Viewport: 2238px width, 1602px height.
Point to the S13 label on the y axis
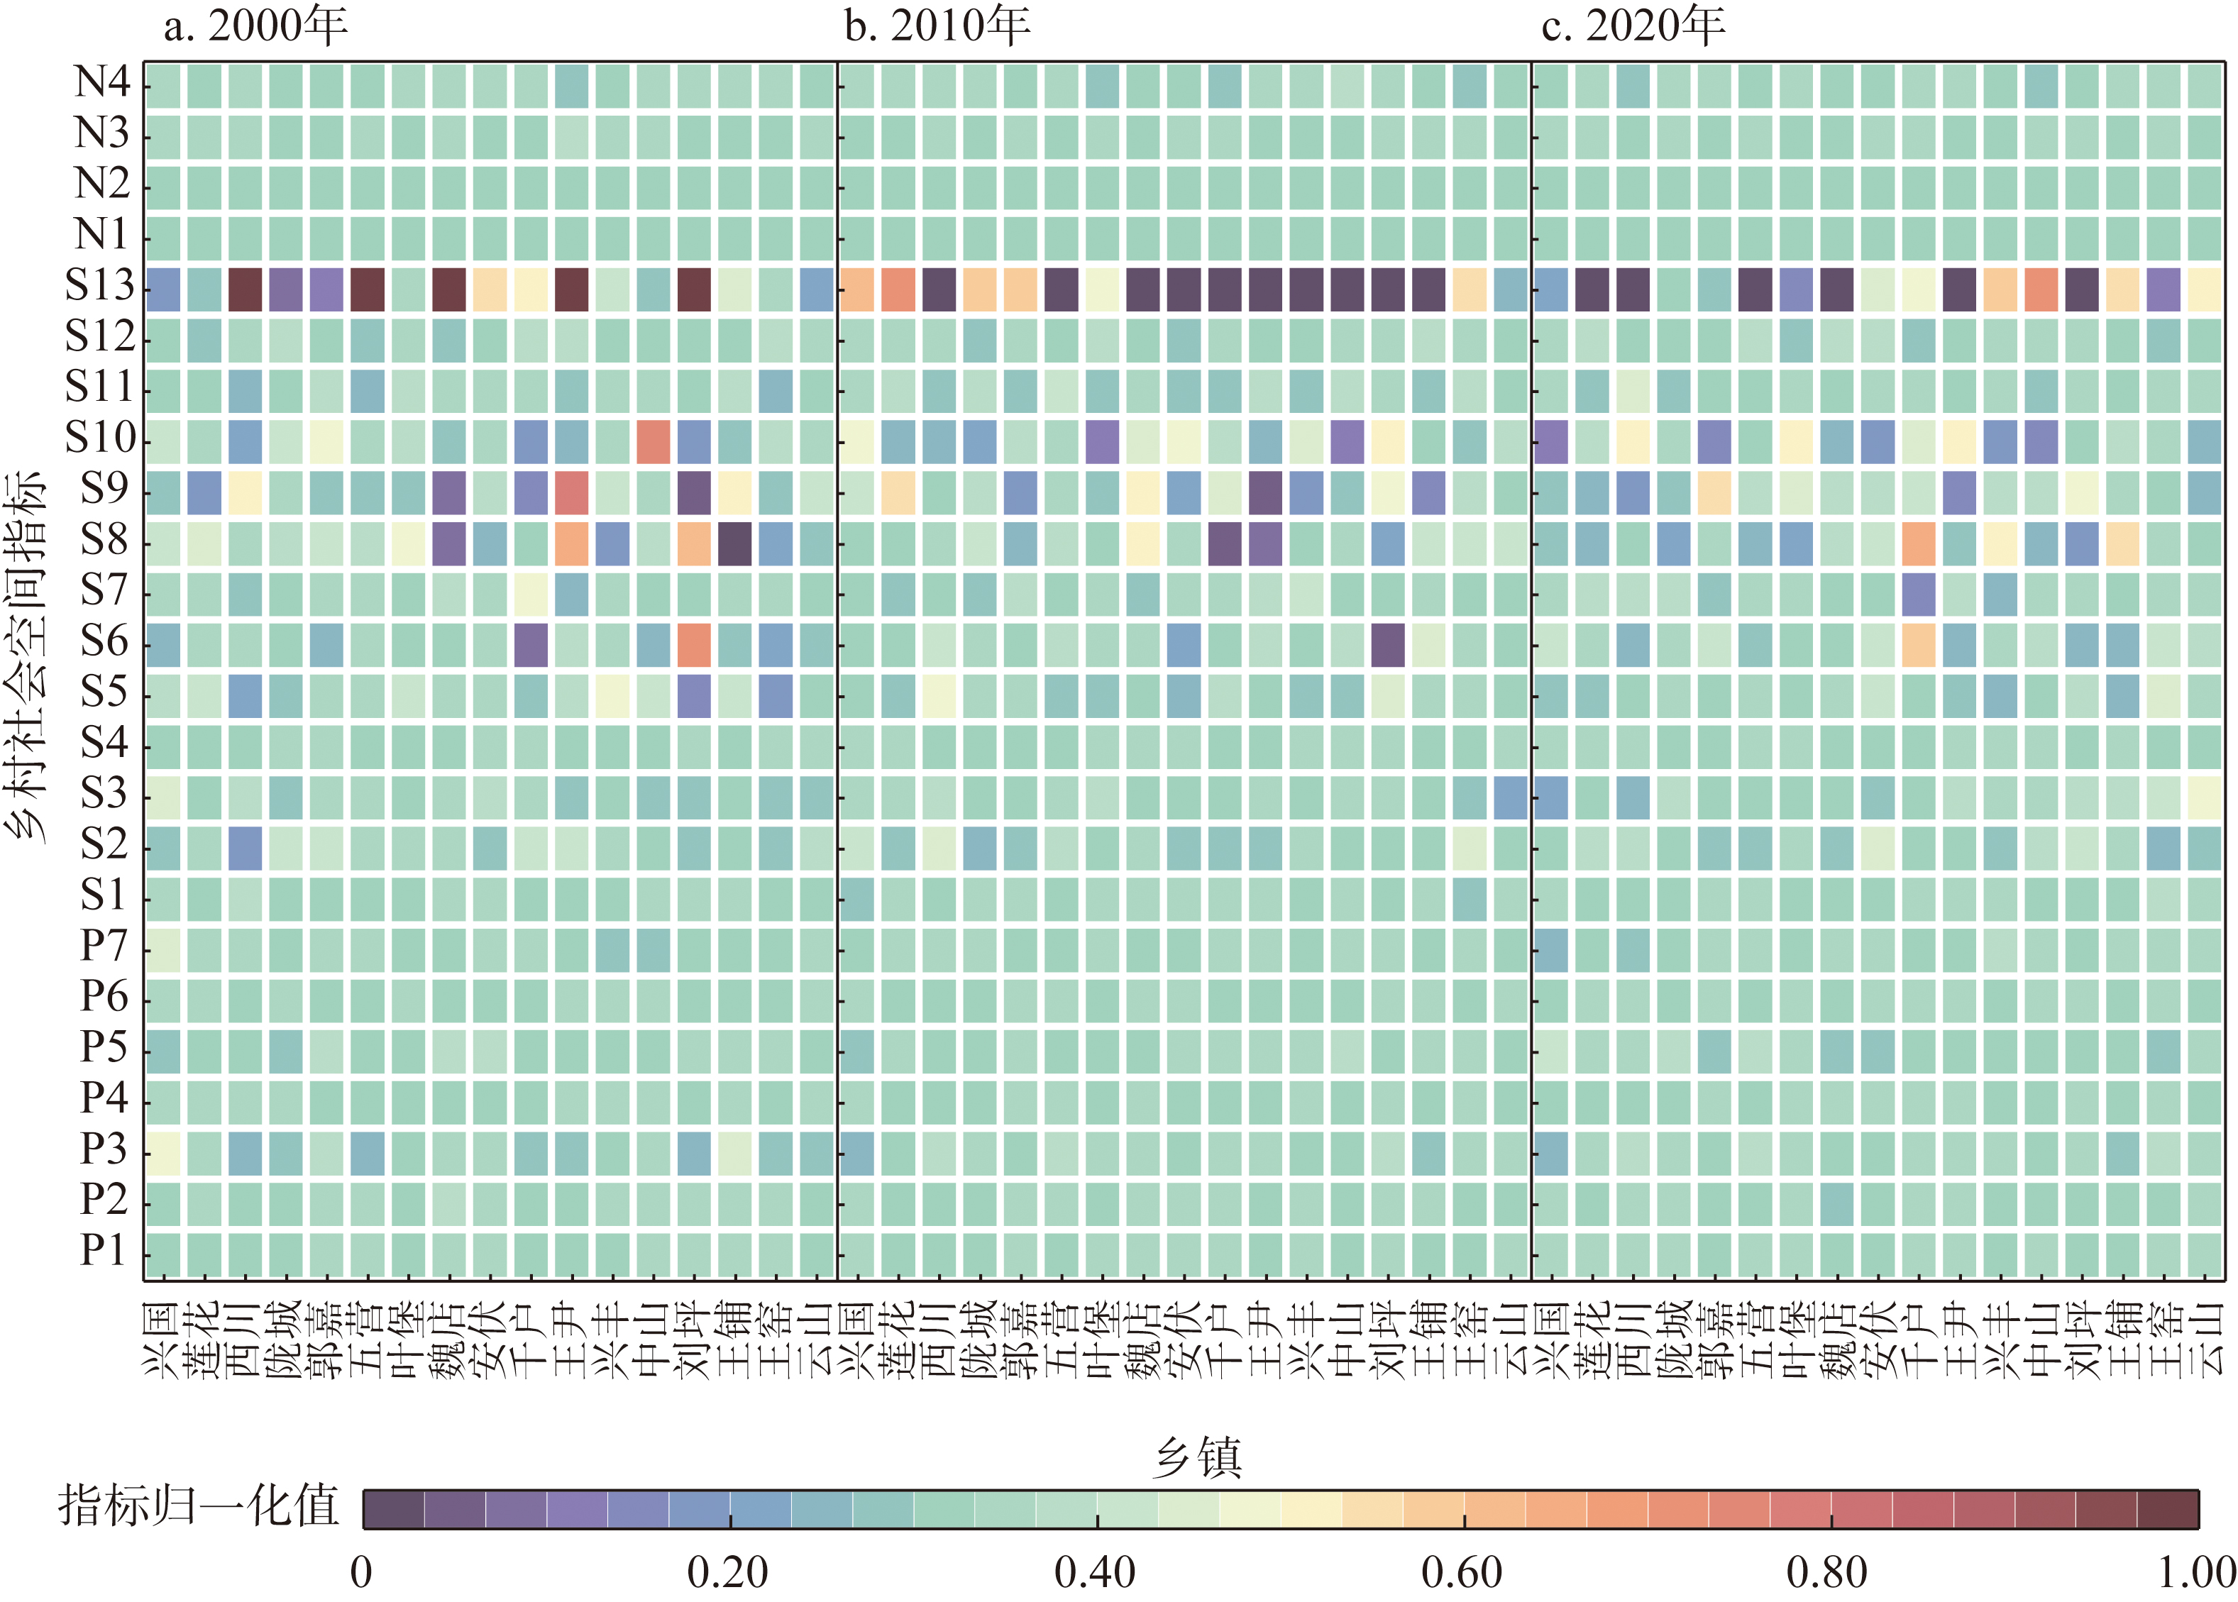click(99, 286)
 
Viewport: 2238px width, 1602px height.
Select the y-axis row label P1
click(104, 1251)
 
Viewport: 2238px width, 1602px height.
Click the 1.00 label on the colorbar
click(2195, 1572)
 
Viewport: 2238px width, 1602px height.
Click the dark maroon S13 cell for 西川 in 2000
click(246, 289)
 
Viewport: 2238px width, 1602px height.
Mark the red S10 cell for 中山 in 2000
click(653, 441)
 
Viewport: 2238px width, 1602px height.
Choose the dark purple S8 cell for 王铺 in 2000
click(735, 543)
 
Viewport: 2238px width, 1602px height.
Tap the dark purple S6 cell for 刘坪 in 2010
click(1388, 645)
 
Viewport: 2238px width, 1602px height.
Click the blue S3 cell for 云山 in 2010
click(1510, 797)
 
